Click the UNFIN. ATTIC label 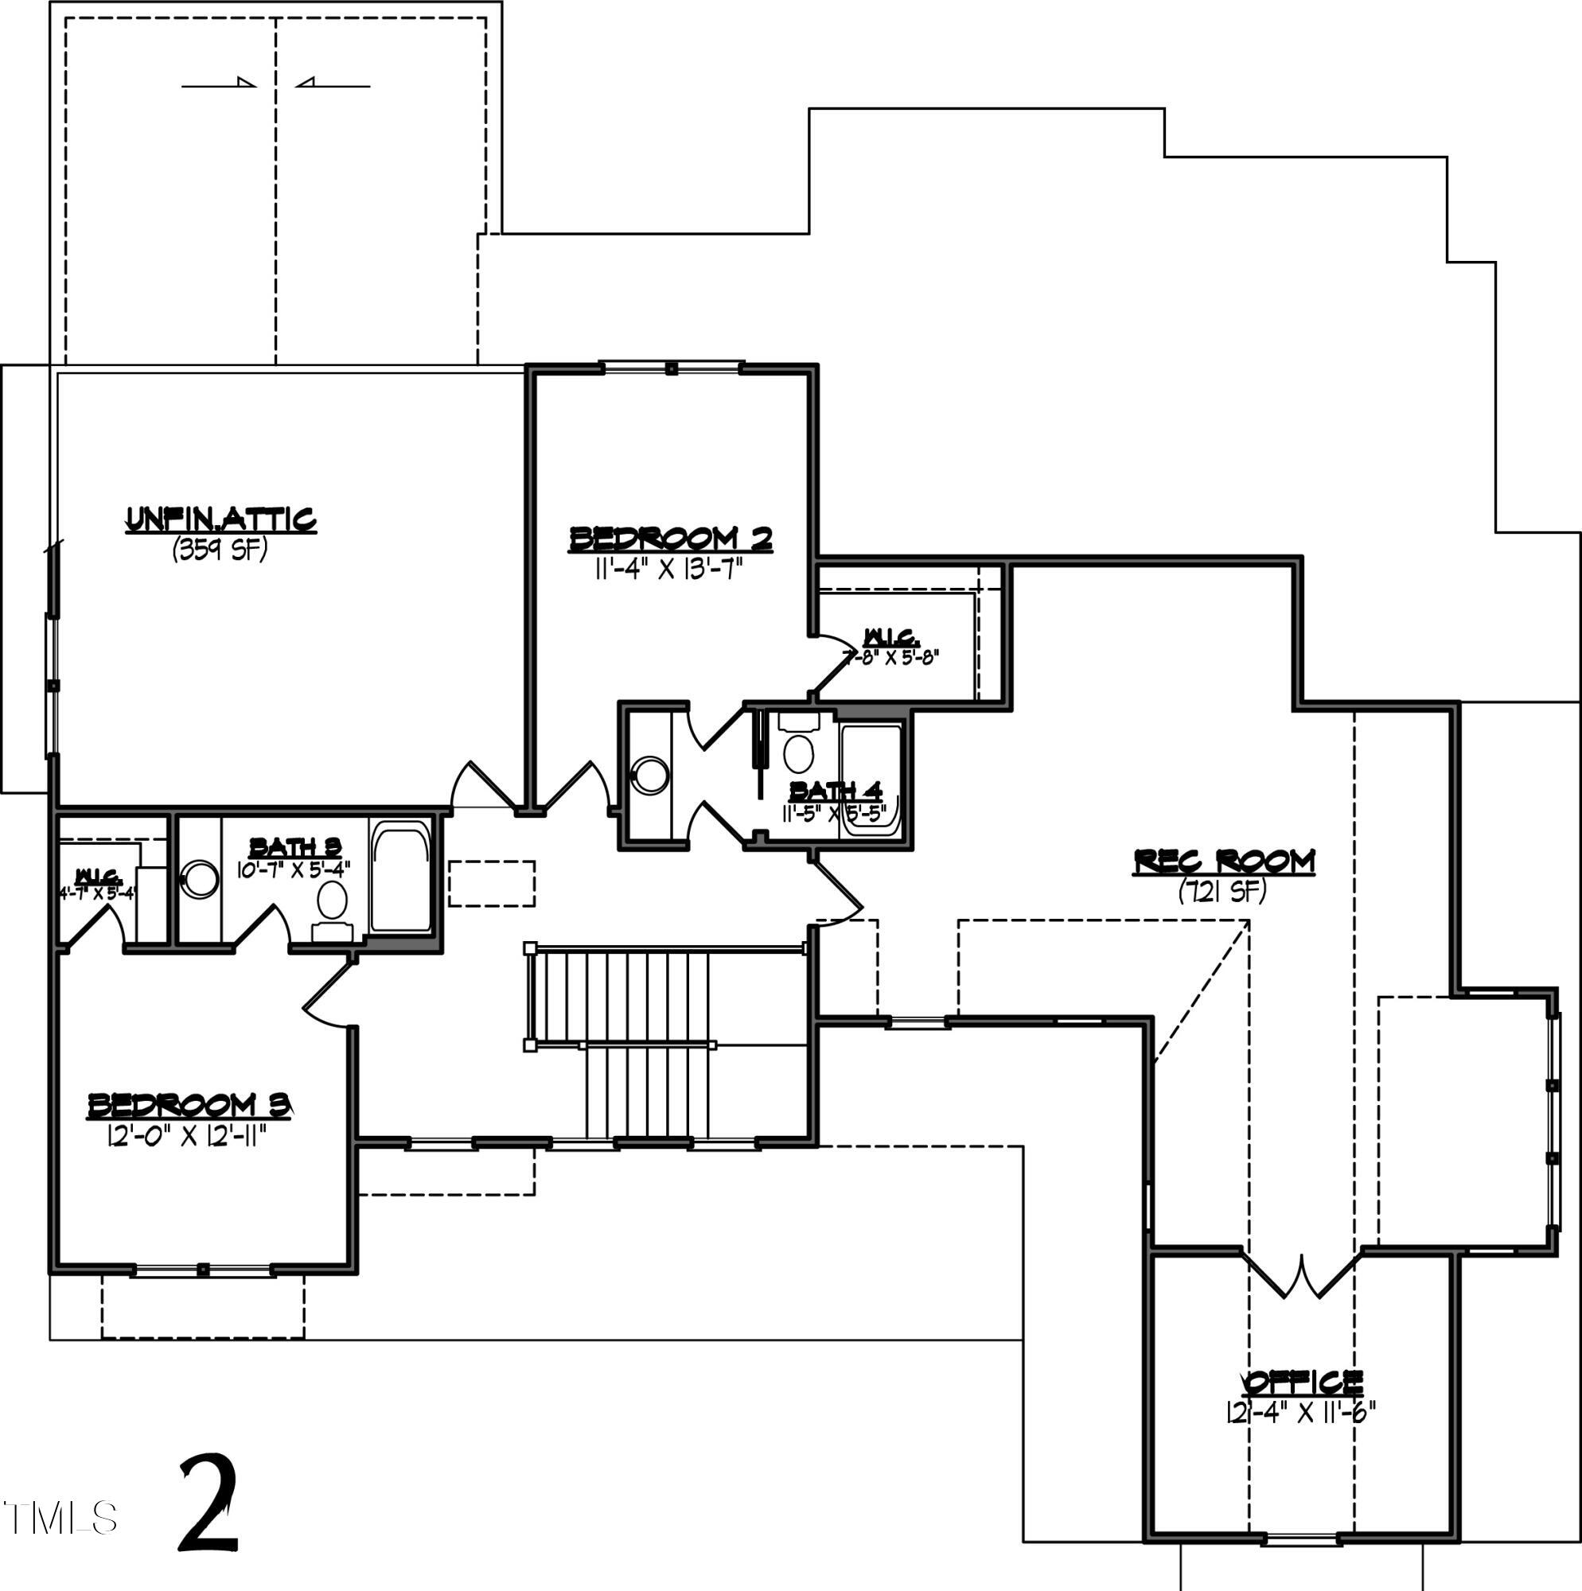tap(220, 519)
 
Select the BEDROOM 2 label tap(671, 539)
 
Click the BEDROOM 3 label tap(190, 1105)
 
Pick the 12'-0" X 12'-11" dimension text tap(188, 1137)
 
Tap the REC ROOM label tap(1224, 862)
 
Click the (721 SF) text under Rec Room tap(1222, 890)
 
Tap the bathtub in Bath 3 tap(401, 877)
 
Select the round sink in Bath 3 tap(200, 879)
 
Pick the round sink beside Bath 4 tap(650, 775)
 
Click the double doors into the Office tap(1302, 1276)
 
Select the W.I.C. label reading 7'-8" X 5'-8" tap(890, 647)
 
